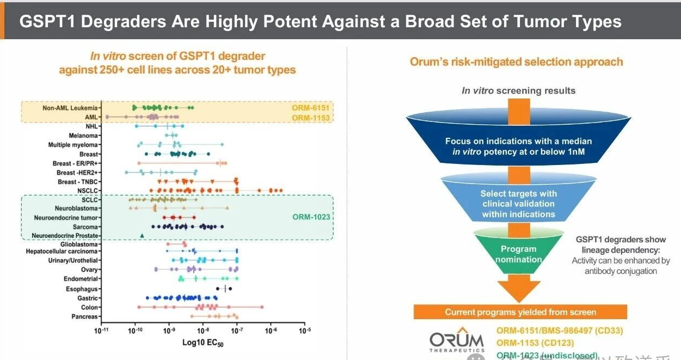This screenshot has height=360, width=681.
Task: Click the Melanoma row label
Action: click(83, 135)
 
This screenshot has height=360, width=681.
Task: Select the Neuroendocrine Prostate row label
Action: click(65, 236)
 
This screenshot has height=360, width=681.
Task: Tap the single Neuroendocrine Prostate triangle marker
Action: click(142, 236)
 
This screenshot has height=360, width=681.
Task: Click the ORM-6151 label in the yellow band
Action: click(311, 108)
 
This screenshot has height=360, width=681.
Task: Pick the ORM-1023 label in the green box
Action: click(311, 217)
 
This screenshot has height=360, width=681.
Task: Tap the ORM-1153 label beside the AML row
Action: click(311, 118)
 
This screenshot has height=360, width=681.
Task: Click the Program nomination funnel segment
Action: click(518, 254)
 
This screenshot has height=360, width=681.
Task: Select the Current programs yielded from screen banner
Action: click(520, 312)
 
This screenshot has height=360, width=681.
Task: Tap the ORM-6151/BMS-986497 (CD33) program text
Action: click(560, 330)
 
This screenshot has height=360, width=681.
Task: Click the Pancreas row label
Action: click(84, 316)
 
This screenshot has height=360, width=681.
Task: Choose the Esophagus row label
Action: click(82, 289)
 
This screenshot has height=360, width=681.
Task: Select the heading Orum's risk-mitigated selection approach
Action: click(516, 62)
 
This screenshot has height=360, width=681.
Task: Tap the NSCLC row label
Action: click(88, 190)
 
